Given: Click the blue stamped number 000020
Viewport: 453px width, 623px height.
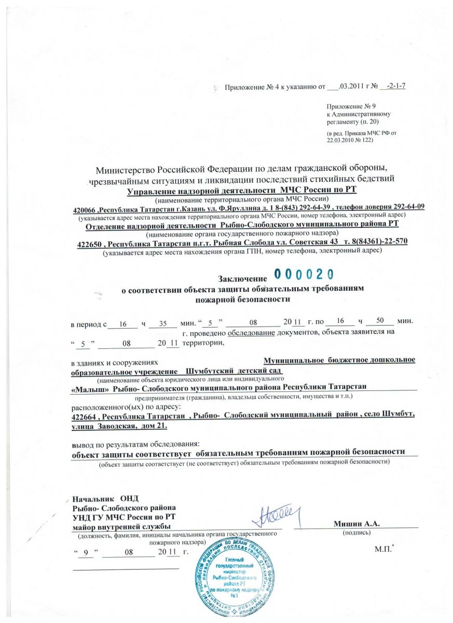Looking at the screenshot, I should (304, 274).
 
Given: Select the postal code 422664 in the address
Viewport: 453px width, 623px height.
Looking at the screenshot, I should (86, 417).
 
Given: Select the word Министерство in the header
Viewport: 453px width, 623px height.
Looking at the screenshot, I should (128, 170).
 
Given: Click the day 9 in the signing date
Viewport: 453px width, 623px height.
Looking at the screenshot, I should (85, 553).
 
